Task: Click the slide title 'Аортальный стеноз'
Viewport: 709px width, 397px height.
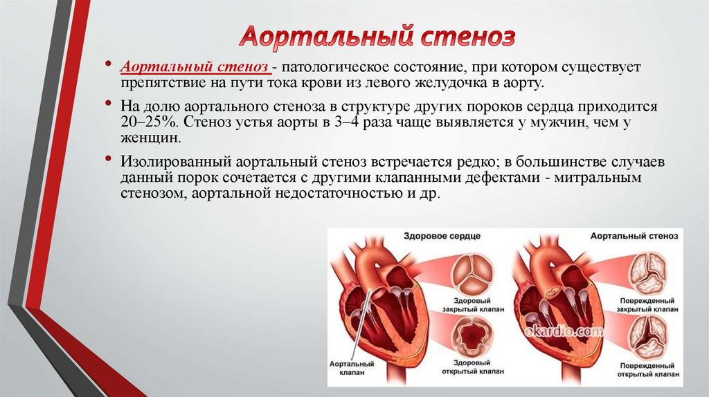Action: click(377, 37)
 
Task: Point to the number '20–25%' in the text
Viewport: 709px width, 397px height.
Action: click(146, 123)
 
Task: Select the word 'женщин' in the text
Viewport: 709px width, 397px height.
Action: click(150, 138)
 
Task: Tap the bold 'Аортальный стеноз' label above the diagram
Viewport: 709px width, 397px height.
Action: click(634, 237)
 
